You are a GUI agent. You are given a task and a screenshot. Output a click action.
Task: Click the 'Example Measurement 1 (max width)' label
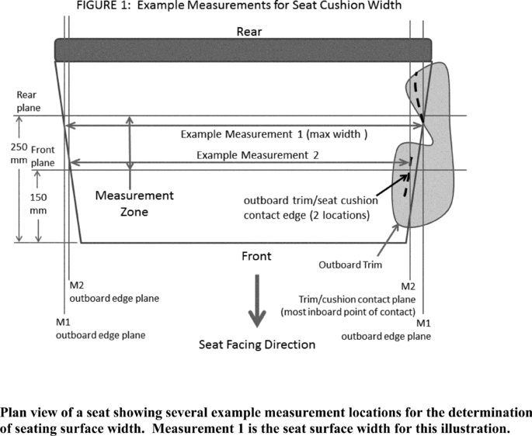tap(273, 133)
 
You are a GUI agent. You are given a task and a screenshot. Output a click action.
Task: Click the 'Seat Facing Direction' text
tap(257, 344)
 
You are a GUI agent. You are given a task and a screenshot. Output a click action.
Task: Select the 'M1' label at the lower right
tap(424, 323)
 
